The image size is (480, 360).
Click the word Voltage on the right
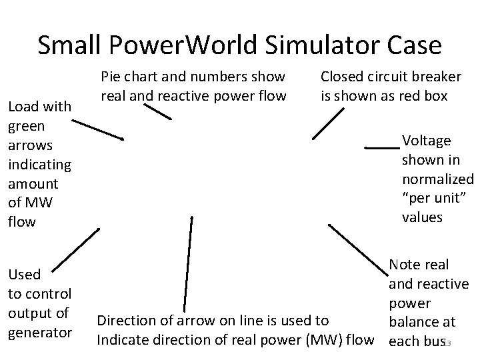427,141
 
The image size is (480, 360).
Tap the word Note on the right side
408,265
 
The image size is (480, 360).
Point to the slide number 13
449,343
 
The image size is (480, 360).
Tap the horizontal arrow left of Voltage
382,145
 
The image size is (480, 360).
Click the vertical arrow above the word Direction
187,260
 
